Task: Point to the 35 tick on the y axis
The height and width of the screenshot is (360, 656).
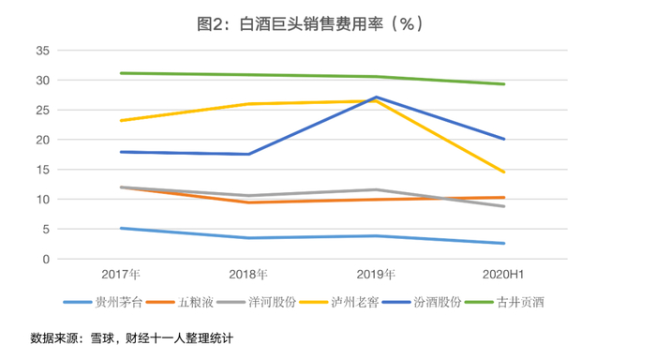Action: tap(43, 51)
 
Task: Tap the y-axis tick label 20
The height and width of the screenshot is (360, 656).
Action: tap(43, 140)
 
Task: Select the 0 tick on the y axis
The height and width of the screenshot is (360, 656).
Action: tap(46, 259)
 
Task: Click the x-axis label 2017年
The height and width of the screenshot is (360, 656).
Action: tap(121, 274)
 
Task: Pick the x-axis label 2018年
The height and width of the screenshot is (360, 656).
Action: tap(248, 274)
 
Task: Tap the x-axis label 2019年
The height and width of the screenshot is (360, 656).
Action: tap(376, 274)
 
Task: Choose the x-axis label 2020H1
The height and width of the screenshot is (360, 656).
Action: tap(503, 274)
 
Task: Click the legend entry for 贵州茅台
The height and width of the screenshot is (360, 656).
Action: tap(103, 302)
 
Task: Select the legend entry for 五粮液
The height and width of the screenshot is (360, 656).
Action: tap(180, 302)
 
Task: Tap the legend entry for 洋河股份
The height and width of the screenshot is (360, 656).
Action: tap(257, 302)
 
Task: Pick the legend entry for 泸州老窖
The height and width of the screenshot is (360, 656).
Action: tap(339, 302)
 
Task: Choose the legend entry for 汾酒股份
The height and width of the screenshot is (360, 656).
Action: tap(422, 302)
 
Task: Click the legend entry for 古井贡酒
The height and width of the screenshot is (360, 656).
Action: tap(504, 302)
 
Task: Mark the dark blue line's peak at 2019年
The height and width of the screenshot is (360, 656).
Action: tap(376, 97)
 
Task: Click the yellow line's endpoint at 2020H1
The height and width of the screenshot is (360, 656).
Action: tap(504, 172)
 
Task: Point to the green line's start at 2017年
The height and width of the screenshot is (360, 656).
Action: tap(121, 73)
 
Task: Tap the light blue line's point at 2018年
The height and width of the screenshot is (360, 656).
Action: tap(248, 238)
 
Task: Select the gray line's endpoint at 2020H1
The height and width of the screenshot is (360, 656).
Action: tap(504, 206)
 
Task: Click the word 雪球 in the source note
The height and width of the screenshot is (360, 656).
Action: tap(102, 337)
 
